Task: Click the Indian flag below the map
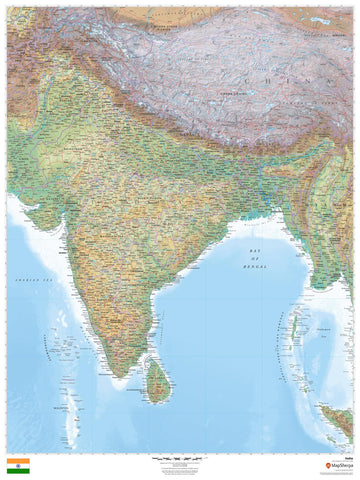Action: pos(19,465)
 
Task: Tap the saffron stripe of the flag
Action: pos(19,461)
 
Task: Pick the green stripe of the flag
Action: pos(19,469)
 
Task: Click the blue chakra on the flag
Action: pos(19,465)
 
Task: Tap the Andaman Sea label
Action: pos(322,330)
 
